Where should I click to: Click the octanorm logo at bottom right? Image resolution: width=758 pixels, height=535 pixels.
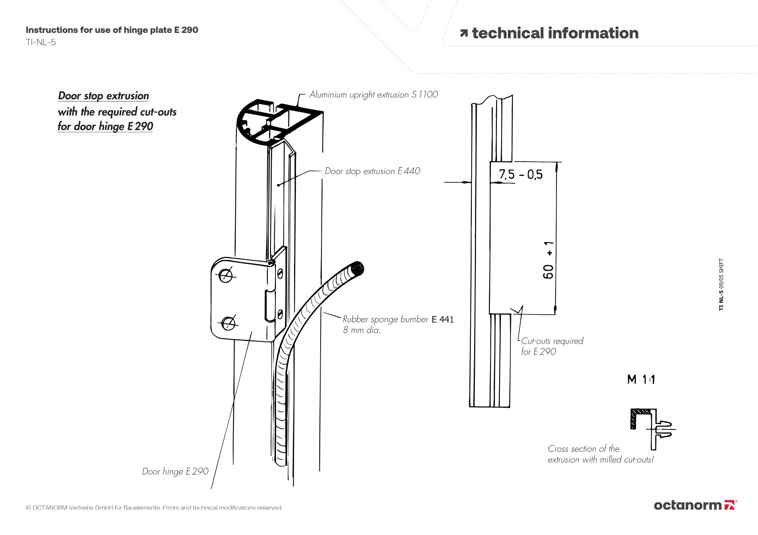(x=695, y=505)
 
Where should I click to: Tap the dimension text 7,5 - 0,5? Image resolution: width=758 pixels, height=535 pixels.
(x=520, y=175)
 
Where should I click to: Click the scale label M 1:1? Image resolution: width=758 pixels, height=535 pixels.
(x=641, y=379)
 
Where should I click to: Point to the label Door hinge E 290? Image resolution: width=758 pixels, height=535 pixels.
(x=175, y=471)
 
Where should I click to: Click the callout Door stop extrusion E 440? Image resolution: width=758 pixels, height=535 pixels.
(x=372, y=171)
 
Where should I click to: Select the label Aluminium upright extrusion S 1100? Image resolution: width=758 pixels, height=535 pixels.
(x=373, y=95)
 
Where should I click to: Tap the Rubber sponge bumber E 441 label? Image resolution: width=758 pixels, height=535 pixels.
(x=398, y=320)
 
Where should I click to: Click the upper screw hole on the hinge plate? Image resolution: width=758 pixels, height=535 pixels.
(x=226, y=275)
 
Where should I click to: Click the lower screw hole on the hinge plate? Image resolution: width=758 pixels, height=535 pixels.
(x=228, y=323)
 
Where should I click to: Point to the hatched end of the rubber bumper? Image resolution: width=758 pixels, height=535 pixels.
(x=357, y=268)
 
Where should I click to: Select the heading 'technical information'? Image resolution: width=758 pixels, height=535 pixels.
(x=555, y=33)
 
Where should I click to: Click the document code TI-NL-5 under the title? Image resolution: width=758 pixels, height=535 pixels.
(x=41, y=42)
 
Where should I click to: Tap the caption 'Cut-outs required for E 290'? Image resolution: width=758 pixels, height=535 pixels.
(x=552, y=346)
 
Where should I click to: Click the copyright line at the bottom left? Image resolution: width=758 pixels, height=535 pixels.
(x=154, y=508)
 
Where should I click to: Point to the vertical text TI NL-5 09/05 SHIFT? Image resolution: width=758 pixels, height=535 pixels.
(x=721, y=284)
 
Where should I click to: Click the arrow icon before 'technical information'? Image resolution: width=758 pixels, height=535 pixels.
(x=464, y=34)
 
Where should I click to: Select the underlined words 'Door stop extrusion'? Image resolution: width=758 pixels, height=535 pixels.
(x=103, y=96)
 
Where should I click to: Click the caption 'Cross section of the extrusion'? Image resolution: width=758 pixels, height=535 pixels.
(x=600, y=454)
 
